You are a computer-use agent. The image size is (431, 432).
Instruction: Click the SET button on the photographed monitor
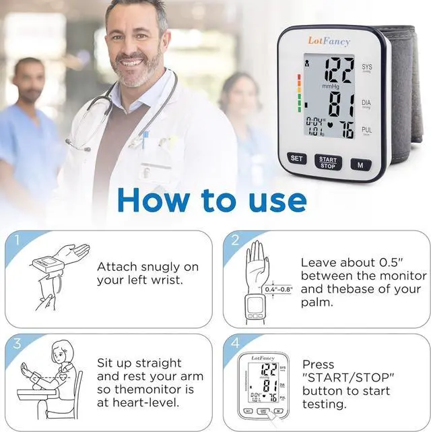pyautogui.click(x=296, y=159)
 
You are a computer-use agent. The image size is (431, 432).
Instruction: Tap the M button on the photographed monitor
pyautogui.click(x=360, y=164)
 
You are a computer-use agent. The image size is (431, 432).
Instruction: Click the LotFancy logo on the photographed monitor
pyautogui.click(x=329, y=42)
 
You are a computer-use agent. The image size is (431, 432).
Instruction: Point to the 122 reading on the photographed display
pyautogui.click(x=339, y=69)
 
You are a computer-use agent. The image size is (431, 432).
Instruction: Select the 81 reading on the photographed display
pyautogui.click(x=343, y=104)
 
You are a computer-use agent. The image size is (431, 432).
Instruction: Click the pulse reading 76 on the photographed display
pyautogui.click(x=346, y=129)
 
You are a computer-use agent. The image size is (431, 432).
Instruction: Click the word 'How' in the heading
pyautogui.click(x=157, y=199)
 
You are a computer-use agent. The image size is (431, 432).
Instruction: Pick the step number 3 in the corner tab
pyautogui.click(x=17, y=344)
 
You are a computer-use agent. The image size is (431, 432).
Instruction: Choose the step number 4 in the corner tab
pyautogui.click(x=235, y=344)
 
